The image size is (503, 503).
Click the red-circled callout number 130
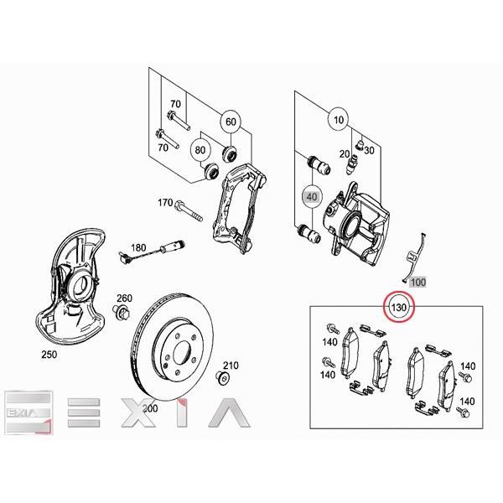(x=399, y=309)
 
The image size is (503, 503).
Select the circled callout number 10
(x=338, y=122)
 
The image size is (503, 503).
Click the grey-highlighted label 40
(x=311, y=198)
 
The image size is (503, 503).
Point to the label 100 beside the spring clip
(x=417, y=283)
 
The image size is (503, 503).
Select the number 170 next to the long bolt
(x=165, y=204)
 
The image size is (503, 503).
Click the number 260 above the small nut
(x=124, y=298)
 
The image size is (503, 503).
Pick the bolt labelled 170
(x=193, y=210)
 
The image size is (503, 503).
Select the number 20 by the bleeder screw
(x=345, y=154)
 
